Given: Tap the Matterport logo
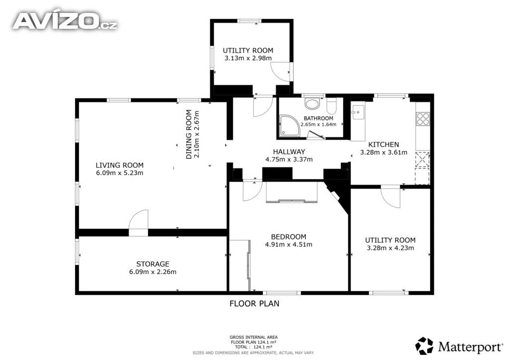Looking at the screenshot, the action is (459, 346).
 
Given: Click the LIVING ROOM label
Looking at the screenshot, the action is (119, 165).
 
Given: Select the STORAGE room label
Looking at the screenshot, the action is (153, 264).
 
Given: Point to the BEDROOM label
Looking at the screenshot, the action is (289, 237).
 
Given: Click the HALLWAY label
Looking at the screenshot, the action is (289, 152).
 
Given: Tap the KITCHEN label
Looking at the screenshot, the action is (383, 145).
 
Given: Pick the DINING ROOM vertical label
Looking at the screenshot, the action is (188, 134).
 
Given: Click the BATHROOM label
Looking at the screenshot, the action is (319, 118).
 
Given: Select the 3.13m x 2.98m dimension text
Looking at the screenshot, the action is (248, 58).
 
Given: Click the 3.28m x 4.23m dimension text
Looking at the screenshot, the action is (390, 248).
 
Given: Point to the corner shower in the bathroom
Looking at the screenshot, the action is (290, 125).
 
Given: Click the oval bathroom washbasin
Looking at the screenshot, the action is (312, 104).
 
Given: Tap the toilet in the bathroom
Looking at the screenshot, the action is (332, 105).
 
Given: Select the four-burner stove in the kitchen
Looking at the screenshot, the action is (423, 118).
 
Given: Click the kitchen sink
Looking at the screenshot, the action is (358, 112).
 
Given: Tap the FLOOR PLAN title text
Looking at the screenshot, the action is (254, 303).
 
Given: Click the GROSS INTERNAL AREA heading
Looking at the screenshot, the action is (254, 337).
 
